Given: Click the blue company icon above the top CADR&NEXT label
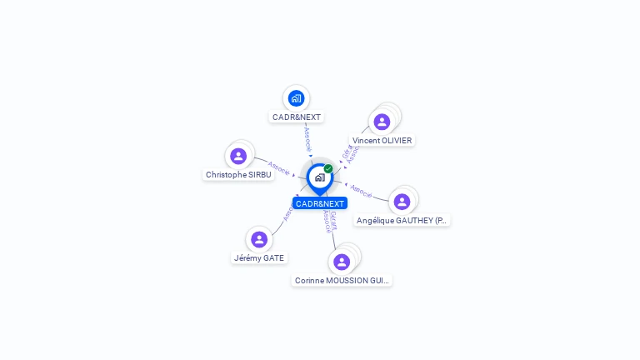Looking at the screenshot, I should click(x=296, y=98).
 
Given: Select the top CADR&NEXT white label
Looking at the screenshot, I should click(x=297, y=117).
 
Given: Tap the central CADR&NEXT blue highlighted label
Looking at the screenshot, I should click(x=320, y=203).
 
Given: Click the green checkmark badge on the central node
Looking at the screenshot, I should click(x=328, y=168).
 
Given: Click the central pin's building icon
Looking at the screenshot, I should click(x=319, y=177).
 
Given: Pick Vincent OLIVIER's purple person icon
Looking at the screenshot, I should click(x=382, y=122).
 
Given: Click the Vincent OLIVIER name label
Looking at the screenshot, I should click(x=382, y=141).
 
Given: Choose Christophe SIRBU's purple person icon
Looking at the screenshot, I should click(x=238, y=156).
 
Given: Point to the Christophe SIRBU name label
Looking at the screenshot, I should click(x=238, y=175).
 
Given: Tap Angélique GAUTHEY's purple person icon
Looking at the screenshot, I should click(x=402, y=202).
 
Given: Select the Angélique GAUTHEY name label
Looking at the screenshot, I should click(x=402, y=221).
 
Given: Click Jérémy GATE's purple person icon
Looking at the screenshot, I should click(x=259, y=239).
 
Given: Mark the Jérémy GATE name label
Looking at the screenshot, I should click(x=259, y=258).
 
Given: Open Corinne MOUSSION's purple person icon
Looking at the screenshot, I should click(x=342, y=262).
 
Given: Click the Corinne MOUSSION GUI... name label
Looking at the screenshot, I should click(x=342, y=281).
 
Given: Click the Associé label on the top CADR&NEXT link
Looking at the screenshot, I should click(x=307, y=137).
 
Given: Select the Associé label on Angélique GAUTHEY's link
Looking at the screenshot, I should click(x=362, y=190).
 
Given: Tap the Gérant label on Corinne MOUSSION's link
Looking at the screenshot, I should click(x=333, y=219).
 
